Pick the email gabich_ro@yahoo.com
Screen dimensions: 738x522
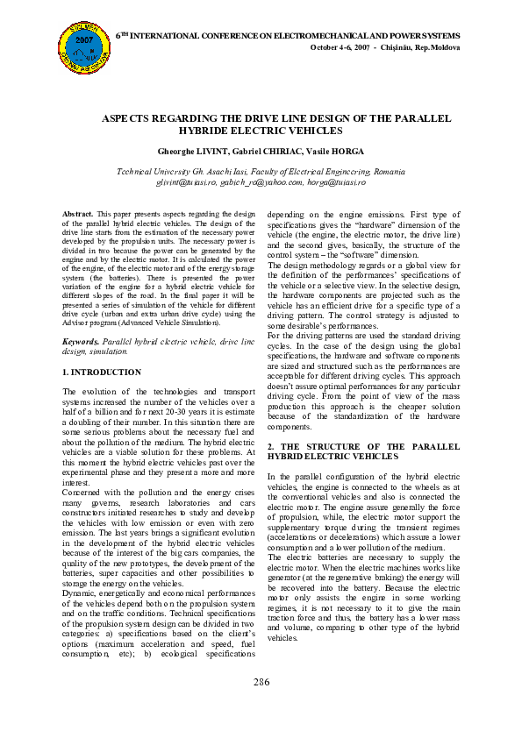click(x=261, y=182)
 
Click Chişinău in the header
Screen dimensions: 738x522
click(x=400, y=46)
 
